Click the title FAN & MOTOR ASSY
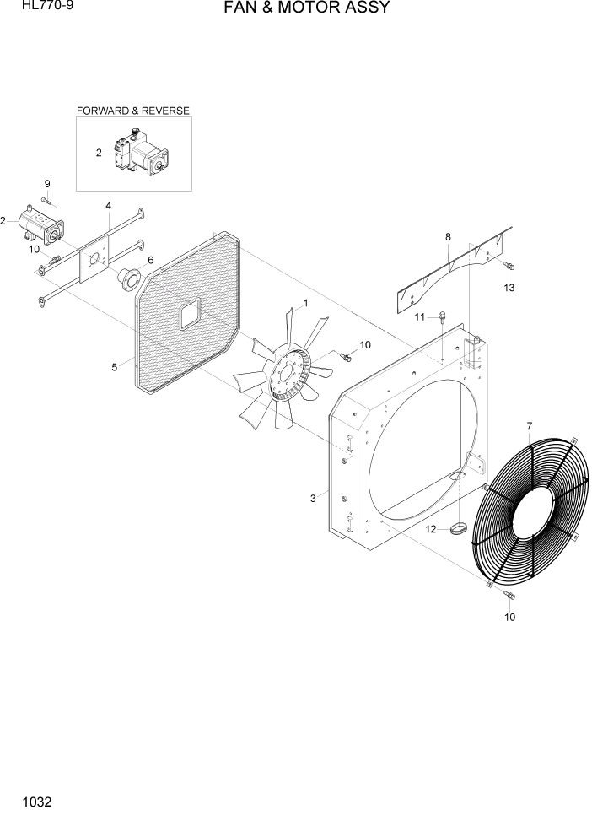[306, 8]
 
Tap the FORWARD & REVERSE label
[133, 111]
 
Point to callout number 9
[47, 184]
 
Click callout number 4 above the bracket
[108, 205]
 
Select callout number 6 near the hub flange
[151, 260]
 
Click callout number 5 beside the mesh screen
[114, 367]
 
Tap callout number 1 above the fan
[304, 302]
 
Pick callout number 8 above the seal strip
[448, 238]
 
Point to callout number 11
[419, 316]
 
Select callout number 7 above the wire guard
[529, 424]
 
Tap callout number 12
[430, 530]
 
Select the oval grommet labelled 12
[458, 529]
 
